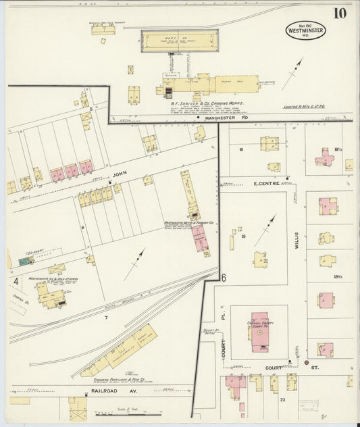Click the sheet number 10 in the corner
point(339,14)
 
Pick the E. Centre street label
point(267,182)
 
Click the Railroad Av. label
point(101,390)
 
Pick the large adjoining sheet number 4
point(15,280)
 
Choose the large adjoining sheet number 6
point(222,277)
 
